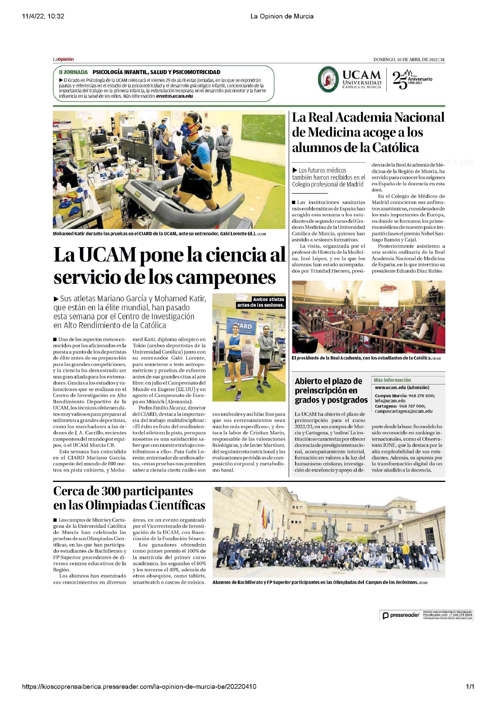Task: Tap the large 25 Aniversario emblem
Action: point(412,80)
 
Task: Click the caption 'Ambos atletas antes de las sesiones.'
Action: point(261,302)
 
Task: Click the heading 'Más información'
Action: point(392,380)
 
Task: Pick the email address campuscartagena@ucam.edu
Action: point(403,411)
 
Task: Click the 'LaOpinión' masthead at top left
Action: point(63,59)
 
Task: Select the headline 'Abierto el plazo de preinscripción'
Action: point(331,390)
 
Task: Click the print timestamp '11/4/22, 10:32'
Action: point(43,16)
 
